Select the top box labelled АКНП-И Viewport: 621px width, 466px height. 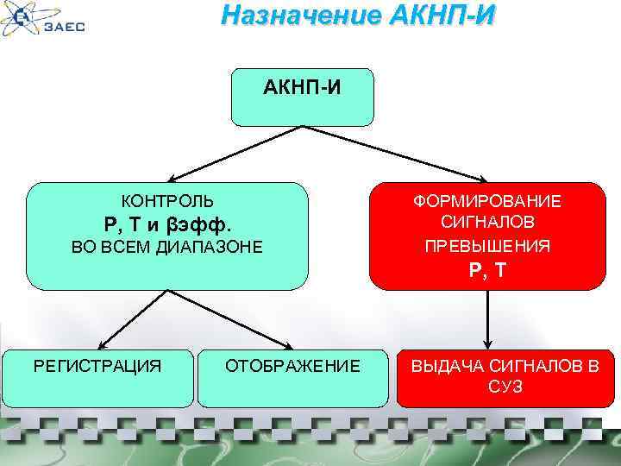coord(302,98)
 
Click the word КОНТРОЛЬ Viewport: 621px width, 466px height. coord(167,201)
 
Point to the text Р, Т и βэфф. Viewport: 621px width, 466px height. coord(167,225)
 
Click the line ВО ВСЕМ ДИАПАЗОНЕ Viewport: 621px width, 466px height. coord(167,249)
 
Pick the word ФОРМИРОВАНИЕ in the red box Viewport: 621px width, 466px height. coord(487,201)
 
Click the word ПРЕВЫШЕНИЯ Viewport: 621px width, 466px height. coord(487,246)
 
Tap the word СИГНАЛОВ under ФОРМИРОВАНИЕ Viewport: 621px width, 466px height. coord(487,224)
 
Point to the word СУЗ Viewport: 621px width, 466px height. coord(505,387)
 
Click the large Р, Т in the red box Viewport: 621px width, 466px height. coord(488,272)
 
